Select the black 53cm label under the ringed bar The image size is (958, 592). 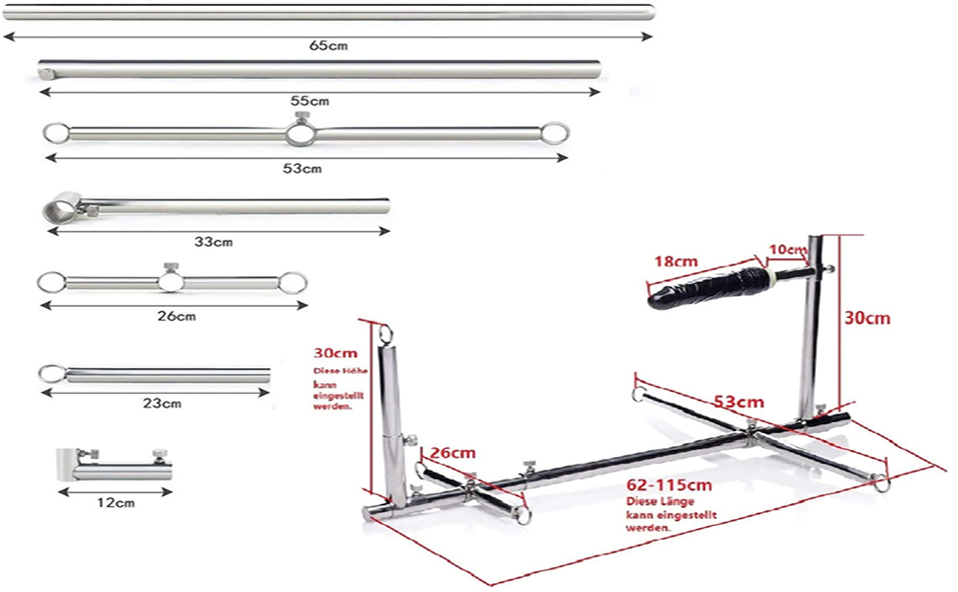pos(301,169)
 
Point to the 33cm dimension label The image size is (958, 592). pos(214,242)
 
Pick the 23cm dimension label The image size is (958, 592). pos(161,403)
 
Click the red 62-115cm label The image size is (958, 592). pos(668,485)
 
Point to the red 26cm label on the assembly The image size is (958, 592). pos(453,453)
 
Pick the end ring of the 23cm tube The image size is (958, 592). pos(49,373)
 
